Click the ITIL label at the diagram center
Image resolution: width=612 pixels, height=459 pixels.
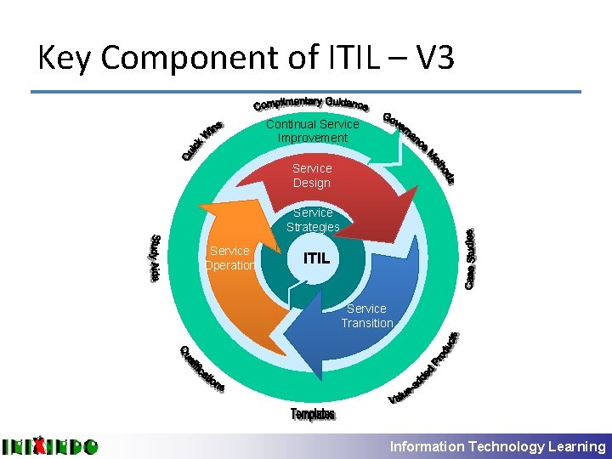coord(322,256)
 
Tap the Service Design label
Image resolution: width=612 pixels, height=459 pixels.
coord(312,176)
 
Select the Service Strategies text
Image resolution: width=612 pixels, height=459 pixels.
coord(313,219)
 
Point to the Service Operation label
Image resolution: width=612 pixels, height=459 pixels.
coord(229,258)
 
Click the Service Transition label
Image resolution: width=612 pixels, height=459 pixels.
coord(366,315)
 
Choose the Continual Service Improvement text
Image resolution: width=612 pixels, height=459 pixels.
coord(312,131)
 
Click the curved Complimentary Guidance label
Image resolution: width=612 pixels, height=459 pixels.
coord(311,104)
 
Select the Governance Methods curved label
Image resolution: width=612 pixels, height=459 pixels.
coord(419,146)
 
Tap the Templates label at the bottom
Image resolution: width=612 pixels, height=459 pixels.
coord(313,414)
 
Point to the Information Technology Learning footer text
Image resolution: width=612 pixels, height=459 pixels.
coord(497,446)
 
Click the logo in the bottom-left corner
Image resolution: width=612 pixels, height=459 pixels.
coord(49,445)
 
